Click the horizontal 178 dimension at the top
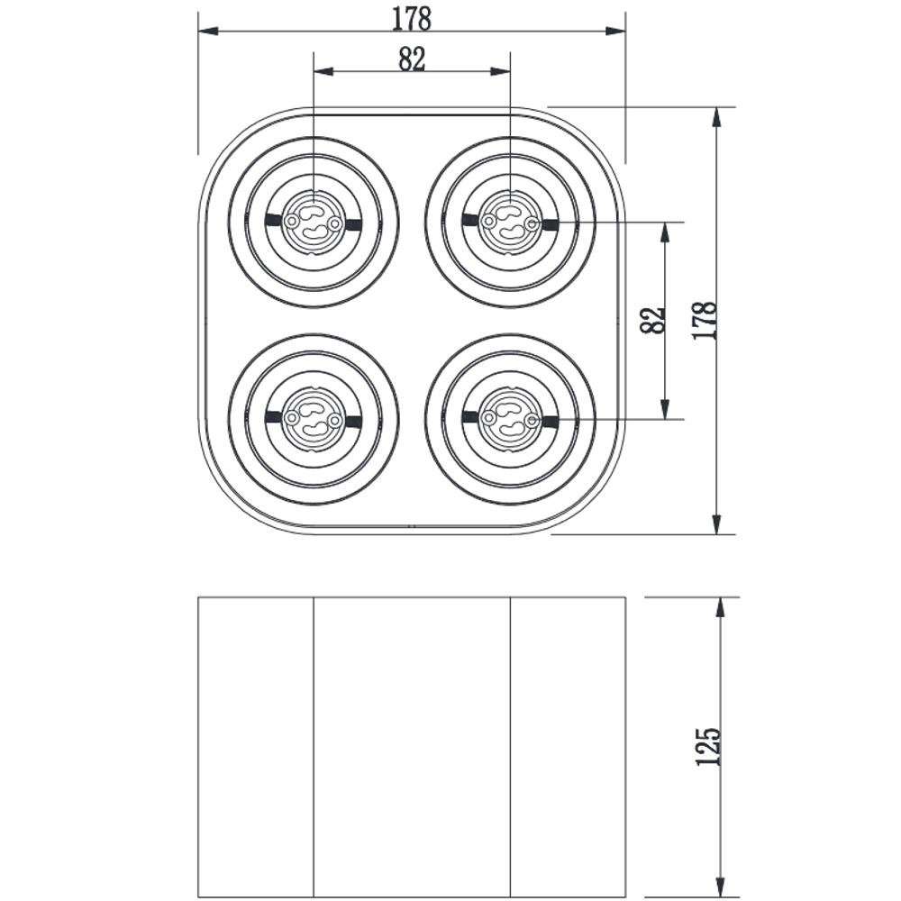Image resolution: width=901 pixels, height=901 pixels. [412, 19]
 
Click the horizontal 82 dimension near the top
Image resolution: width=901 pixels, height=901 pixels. [412, 59]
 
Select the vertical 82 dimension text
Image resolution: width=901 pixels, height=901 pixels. [652, 320]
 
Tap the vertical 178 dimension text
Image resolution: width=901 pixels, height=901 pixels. [705, 320]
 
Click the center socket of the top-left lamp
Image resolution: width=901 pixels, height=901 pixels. [314, 222]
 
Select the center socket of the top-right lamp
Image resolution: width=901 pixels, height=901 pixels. [510, 222]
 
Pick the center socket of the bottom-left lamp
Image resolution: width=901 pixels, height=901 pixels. [314, 419]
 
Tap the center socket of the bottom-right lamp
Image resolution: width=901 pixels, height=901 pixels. [510, 419]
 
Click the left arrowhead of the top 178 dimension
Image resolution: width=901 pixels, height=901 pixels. [208, 31]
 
